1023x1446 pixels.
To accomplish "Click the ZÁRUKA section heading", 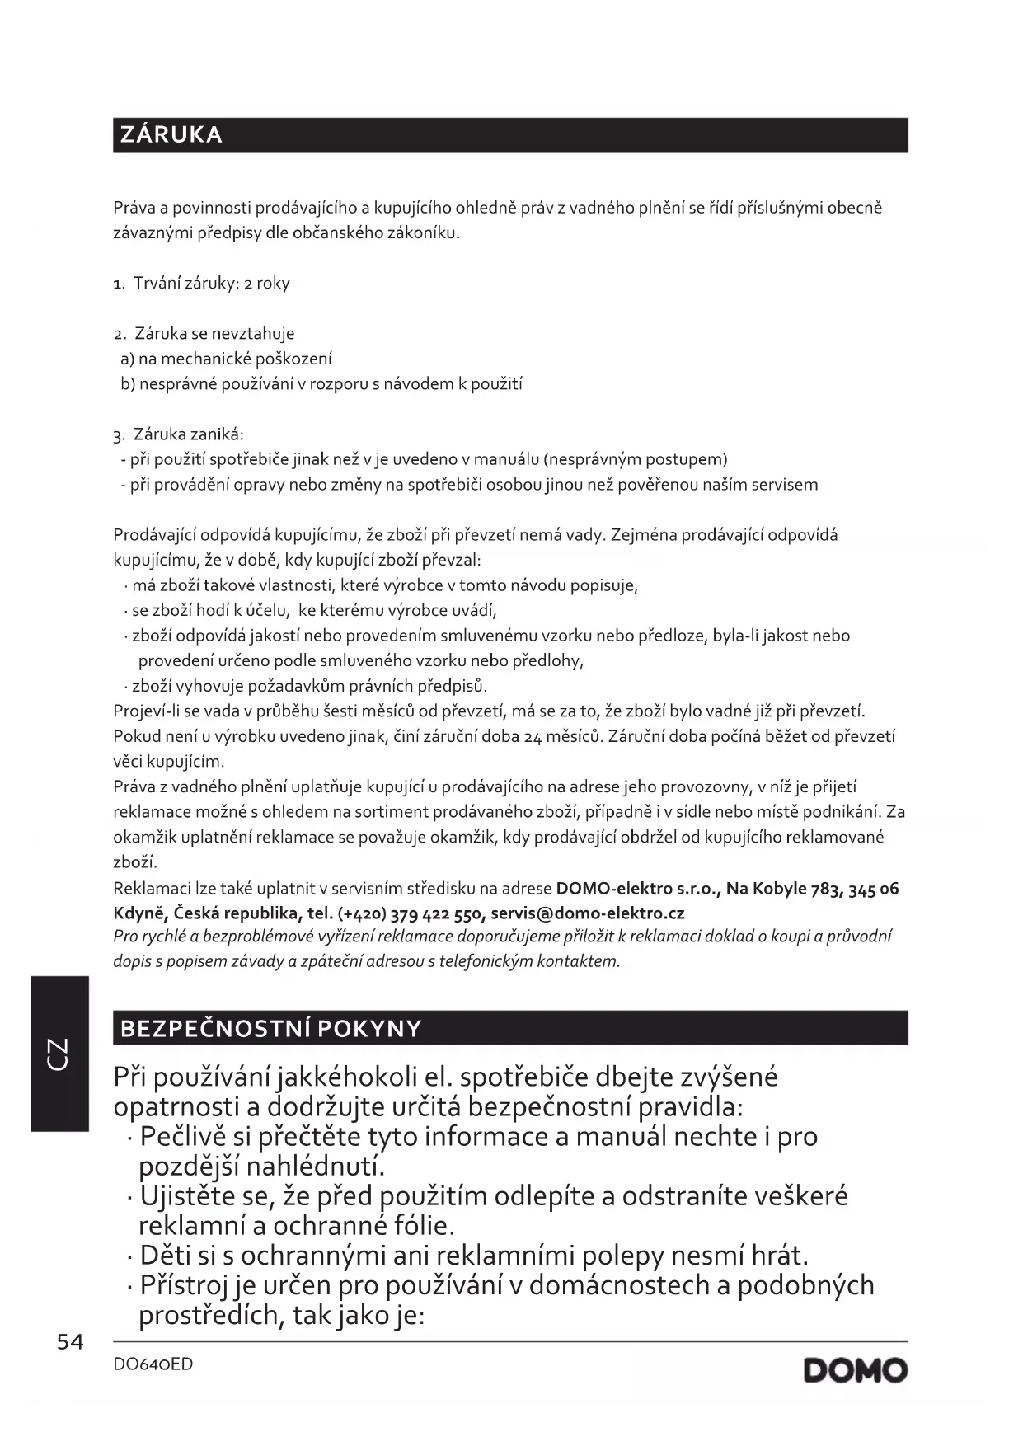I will click(x=171, y=135).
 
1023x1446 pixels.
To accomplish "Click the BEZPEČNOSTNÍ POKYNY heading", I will click(x=271, y=1028).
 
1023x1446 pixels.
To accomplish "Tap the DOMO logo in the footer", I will click(x=856, y=1371).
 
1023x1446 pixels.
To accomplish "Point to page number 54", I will click(x=70, y=1342).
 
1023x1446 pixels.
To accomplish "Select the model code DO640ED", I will click(x=153, y=1364).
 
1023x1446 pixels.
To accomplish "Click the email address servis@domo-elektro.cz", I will click(x=587, y=913).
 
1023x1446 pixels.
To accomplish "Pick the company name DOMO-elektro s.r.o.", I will click(x=638, y=889).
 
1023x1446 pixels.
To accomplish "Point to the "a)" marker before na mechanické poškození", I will click(x=128, y=359).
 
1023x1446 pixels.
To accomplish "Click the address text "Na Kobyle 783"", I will click(x=781, y=889).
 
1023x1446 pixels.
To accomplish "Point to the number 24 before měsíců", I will click(x=533, y=736).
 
